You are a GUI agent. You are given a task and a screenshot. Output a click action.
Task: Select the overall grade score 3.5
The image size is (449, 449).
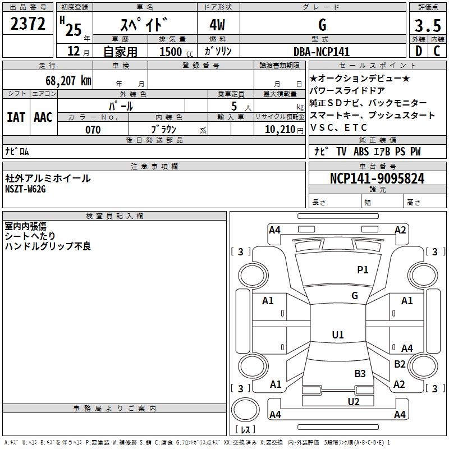(x=427, y=25)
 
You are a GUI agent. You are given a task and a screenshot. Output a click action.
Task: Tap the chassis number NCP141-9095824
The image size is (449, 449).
(x=377, y=179)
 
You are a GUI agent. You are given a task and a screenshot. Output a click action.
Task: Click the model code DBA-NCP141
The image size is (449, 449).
(x=322, y=52)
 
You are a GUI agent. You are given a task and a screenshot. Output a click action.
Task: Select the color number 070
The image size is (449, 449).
(x=93, y=130)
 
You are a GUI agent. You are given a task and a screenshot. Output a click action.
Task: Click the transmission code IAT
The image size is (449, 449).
(x=16, y=117)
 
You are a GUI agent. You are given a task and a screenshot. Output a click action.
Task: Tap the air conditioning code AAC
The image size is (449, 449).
(x=43, y=117)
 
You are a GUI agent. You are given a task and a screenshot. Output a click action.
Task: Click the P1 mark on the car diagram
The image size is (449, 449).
(x=363, y=270)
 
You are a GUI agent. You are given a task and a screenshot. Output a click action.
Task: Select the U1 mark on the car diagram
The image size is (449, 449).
(x=338, y=335)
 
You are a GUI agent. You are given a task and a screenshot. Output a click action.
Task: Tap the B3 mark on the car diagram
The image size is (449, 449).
(x=360, y=373)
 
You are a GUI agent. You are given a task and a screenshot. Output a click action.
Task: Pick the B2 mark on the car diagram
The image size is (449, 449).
(x=400, y=364)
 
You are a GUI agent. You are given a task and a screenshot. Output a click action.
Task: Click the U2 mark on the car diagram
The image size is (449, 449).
(x=353, y=401)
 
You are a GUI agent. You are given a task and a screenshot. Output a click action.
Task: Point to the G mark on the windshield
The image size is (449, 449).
(x=355, y=295)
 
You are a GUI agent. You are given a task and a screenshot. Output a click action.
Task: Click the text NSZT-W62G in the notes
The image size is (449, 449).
(x=25, y=189)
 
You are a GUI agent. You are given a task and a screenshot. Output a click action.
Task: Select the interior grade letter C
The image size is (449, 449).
(x=437, y=52)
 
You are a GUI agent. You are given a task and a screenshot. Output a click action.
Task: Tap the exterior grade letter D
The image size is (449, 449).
(x=418, y=52)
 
